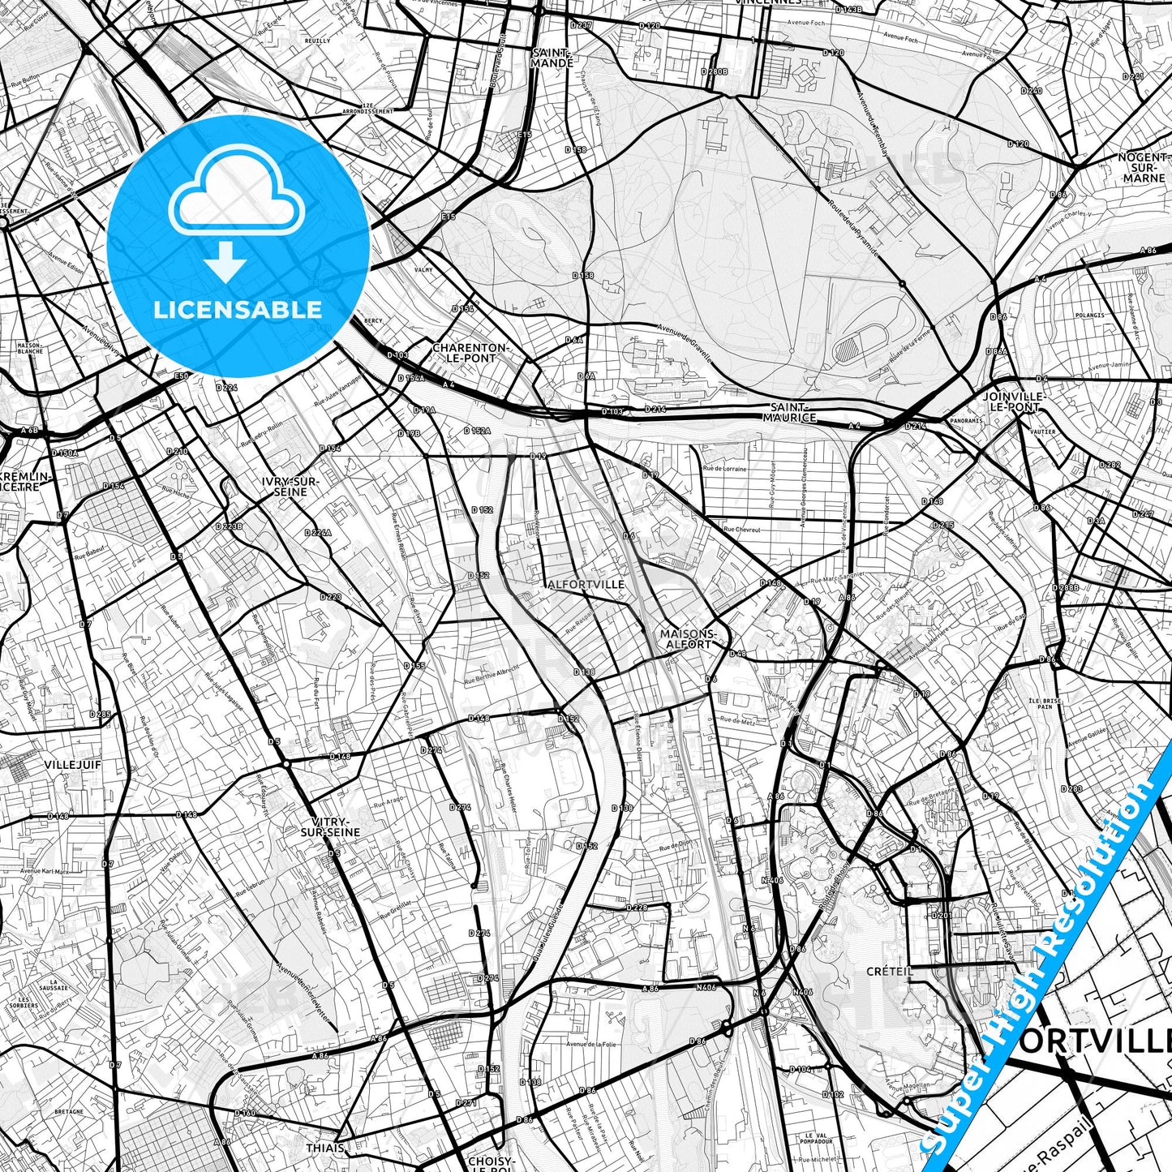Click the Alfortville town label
click(x=586, y=584)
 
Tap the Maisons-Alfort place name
click(x=689, y=639)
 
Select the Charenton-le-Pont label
click(x=470, y=352)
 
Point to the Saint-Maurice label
click(x=789, y=412)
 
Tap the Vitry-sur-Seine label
click(x=330, y=826)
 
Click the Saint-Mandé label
click(x=552, y=58)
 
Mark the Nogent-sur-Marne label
click(x=1144, y=167)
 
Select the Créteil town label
click(x=890, y=971)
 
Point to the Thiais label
click(x=325, y=1148)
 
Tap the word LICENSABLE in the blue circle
click(x=238, y=309)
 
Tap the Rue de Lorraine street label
click(x=724, y=469)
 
